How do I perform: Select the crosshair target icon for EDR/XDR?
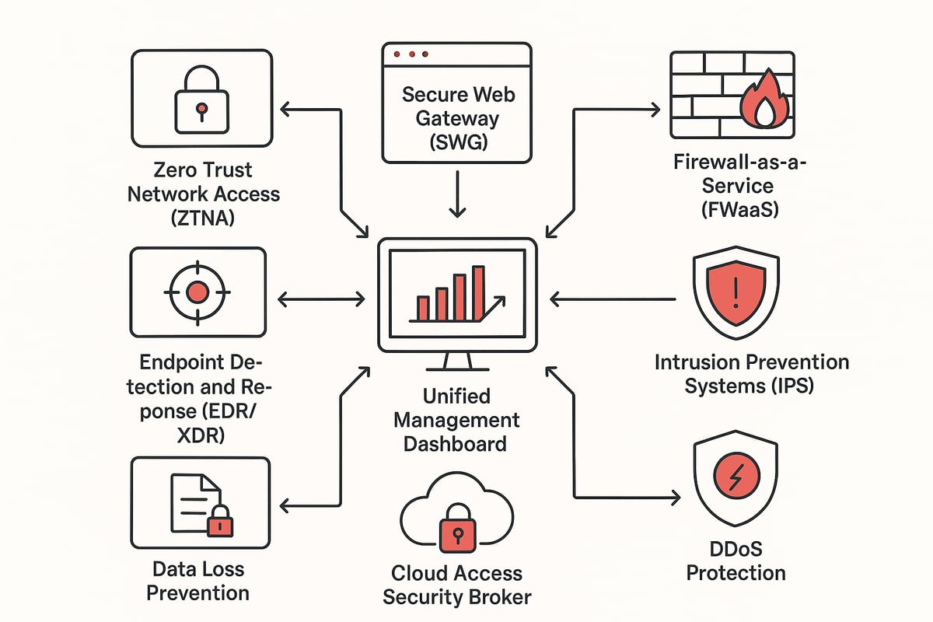pyautogui.click(x=198, y=293)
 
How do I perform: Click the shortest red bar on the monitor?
pyautogui.click(x=423, y=309)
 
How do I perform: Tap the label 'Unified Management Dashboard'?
pyautogui.click(x=456, y=420)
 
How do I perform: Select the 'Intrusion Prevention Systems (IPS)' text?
pyautogui.click(x=751, y=373)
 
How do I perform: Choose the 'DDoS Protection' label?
pyautogui.click(x=736, y=561)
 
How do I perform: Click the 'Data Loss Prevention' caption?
pyautogui.click(x=198, y=581)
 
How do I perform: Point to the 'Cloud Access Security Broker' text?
pyautogui.click(x=456, y=585)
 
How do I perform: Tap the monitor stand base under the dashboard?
pyautogui.click(x=457, y=369)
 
